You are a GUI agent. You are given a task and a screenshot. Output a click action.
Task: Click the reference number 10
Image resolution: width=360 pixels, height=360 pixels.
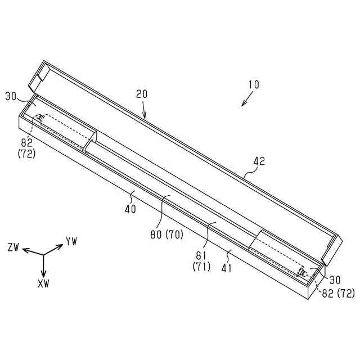coord(253,85)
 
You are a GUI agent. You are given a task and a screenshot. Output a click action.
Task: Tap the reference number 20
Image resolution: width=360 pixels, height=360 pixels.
coord(141,94)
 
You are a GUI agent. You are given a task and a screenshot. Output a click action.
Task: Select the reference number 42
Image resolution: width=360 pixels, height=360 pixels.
coord(259,161)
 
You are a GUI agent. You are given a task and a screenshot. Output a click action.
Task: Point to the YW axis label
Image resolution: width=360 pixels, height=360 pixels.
coord(71,241)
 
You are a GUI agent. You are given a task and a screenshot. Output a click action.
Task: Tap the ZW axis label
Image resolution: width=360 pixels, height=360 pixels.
coord(13,247)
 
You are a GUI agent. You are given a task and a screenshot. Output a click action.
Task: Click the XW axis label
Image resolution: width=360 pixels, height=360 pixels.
coord(43,283)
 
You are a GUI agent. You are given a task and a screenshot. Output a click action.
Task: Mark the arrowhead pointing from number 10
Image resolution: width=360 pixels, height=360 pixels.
coord(242,105)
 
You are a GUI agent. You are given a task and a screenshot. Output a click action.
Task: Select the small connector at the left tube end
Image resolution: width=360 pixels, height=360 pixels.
coord(41,118)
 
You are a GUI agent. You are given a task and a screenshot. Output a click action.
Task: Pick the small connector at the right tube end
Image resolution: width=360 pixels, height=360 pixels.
coord(302,272)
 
